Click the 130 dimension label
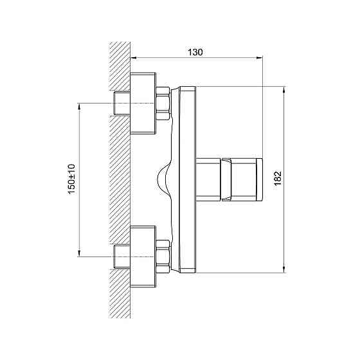pyautogui.click(x=195, y=52)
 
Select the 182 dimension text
pyautogui.click(x=278, y=178)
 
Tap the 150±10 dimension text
pyautogui.click(x=71, y=179)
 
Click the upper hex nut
pyautogui.click(x=163, y=103)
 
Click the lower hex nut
pyautogui.click(x=163, y=256)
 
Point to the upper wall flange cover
pyautogui.click(x=143, y=103)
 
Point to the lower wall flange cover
pyautogui.click(x=143, y=256)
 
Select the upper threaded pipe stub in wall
pyautogui.click(x=122, y=103)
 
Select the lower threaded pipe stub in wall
pyautogui.click(x=122, y=256)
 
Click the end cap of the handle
pyautogui.click(x=259, y=179)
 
